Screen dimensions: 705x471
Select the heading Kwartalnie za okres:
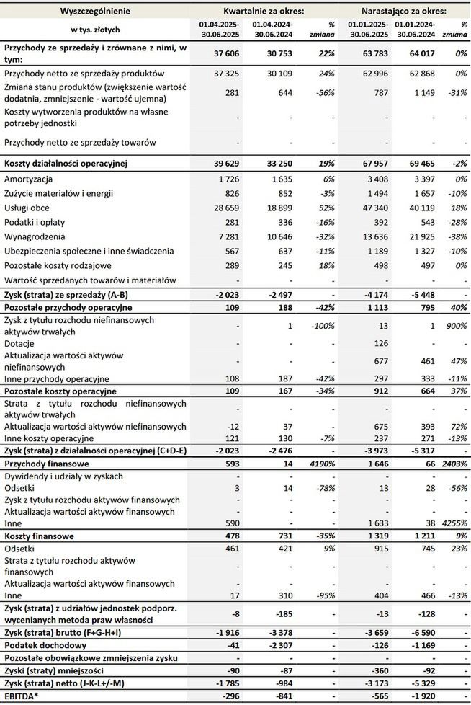click(x=263, y=12)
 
